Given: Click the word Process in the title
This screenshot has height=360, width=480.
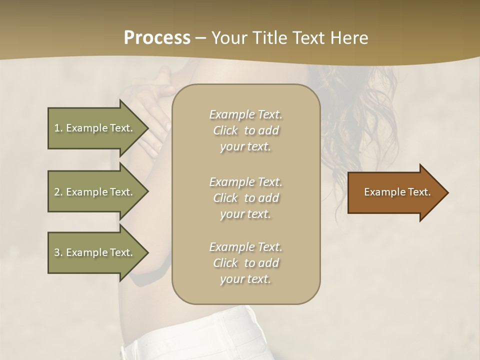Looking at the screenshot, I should click(157, 38).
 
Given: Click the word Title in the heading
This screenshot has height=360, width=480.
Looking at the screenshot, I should click(267, 38).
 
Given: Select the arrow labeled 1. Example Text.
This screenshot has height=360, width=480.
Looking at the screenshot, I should click(95, 128).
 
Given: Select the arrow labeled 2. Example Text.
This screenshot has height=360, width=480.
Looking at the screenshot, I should click(95, 192).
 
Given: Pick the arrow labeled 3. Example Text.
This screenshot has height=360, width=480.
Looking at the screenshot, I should click(95, 252).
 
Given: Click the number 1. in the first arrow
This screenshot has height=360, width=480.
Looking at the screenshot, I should click(58, 128).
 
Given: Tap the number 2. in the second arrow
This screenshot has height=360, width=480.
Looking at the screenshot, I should click(58, 192).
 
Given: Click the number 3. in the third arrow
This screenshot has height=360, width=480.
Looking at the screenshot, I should click(58, 252).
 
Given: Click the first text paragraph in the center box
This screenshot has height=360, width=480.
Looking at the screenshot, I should click(245, 130).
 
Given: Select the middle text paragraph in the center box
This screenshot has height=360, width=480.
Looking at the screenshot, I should click(245, 198).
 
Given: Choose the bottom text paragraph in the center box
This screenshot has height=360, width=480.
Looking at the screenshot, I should click(245, 263).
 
